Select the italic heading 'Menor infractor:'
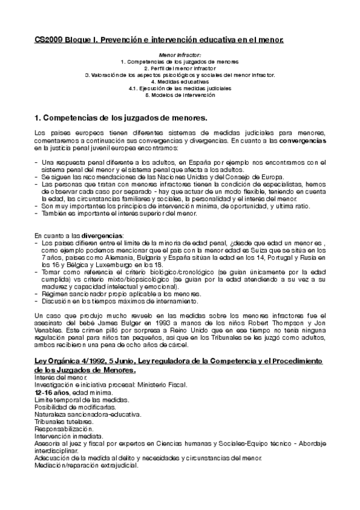(180, 55)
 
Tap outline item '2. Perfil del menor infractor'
(180, 69)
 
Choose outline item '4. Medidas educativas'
(180, 82)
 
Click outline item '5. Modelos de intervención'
(180, 95)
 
